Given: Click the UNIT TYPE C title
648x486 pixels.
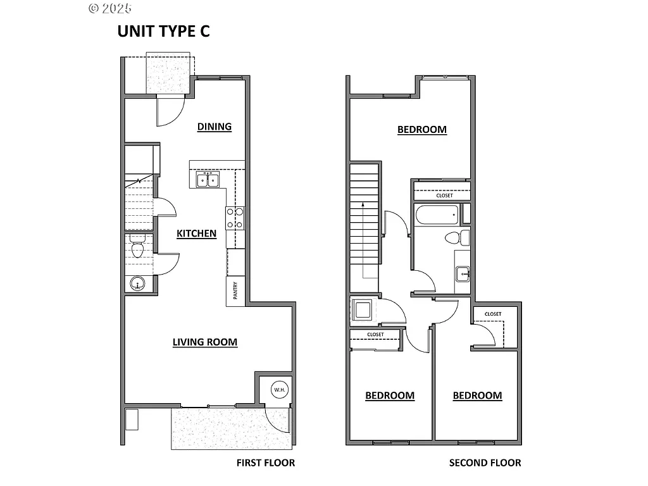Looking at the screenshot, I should [x=163, y=32].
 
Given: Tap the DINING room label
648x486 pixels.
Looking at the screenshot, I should [x=214, y=127].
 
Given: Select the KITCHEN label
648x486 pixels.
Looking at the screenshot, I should [x=196, y=234].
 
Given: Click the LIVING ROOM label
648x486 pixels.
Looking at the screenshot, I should [x=205, y=342].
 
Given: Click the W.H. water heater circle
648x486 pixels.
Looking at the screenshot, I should [x=279, y=390].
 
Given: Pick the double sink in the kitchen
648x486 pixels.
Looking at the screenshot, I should [x=207, y=181].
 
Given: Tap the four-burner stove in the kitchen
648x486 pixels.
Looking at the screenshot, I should [x=235, y=218].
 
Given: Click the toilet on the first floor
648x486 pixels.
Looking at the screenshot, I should [x=137, y=248].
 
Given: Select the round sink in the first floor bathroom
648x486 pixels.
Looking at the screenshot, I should [x=137, y=285].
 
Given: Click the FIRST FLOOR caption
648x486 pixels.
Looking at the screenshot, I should [x=265, y=463].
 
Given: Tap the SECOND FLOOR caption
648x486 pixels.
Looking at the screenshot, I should [x=485, y=463].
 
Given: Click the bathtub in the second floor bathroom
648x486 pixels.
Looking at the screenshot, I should [x=436, y=215].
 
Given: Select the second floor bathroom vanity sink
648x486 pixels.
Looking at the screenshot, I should [x=462, y=273].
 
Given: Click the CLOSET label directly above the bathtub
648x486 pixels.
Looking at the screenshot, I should [x=444, y=196].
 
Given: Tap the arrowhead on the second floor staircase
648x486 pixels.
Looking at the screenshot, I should [x=363, y=205].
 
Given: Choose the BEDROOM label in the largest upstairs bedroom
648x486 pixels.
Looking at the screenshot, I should [x=421, y=130].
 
